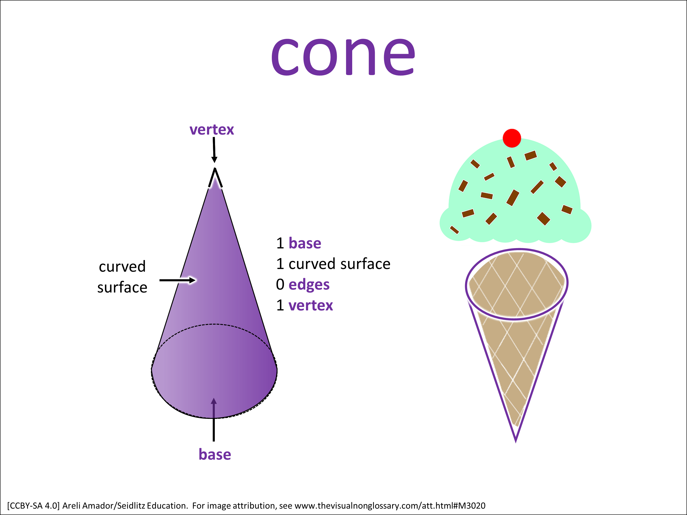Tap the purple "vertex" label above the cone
point(212,130)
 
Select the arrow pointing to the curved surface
point(177,280)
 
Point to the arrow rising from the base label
point(214,419)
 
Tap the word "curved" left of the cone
point(122,267)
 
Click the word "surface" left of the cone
point(122,287)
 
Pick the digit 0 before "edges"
point(280,284)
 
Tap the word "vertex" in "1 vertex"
point(311,306)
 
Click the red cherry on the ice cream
point(512,138)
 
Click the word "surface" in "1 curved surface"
point(365,264)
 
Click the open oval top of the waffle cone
point(516,284)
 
